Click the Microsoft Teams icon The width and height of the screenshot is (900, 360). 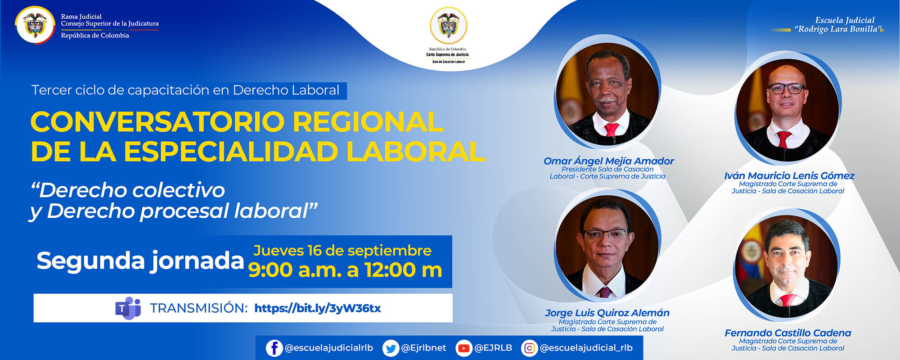coord(128,308)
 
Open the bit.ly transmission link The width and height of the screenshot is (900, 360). coord(317,308)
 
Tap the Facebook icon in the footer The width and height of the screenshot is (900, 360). coord(274,348)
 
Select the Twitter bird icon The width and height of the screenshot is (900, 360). coord(391,348)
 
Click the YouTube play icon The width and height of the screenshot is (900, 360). coord(463,348)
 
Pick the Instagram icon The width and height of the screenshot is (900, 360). coord(530,348)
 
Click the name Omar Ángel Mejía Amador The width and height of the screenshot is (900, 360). coord(608,161)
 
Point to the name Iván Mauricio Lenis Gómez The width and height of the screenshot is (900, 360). coord(789,176)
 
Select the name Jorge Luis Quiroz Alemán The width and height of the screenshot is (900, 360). coord(607,313)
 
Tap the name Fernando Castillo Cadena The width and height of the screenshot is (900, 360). coord(787,333)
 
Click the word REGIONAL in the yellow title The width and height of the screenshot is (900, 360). coord(368,122)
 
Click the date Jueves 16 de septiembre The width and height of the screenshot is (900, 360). coord(342,251)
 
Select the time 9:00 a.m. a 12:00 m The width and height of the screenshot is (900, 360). coord(345,270)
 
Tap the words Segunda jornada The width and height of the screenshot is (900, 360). coord(140,261)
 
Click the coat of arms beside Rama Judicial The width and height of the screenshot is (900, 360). coord(35,25)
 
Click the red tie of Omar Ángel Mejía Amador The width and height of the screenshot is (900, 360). coord(612,130)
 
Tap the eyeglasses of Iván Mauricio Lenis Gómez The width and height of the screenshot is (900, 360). coord(787,88)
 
